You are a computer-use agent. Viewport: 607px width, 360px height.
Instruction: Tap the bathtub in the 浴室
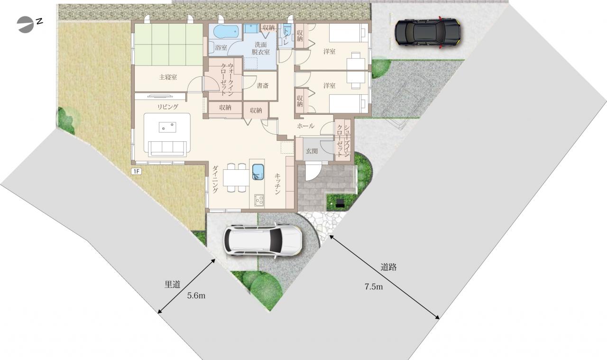coord(226,32)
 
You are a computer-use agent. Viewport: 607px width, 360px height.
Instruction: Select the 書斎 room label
coord(263,86)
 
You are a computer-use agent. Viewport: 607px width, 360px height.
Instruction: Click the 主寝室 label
coord(168,77)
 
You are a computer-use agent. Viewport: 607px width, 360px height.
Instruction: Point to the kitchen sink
coord(258,172)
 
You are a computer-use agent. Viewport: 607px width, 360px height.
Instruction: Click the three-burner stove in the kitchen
coord(259,200)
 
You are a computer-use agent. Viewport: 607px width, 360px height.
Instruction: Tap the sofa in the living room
coord(167,148)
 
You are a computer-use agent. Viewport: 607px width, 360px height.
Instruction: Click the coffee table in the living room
coord(167,127)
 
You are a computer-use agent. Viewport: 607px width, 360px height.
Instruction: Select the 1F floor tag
coord(136,171)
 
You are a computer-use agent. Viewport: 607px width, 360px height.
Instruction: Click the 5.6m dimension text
coord(196,295)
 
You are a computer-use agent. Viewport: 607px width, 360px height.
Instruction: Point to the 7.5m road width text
coord(374,286)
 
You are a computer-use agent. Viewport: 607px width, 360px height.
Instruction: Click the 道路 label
coord(388,268)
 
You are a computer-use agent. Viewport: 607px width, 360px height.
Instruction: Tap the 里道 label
coord(172,285)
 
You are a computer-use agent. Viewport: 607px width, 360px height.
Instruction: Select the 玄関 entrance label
coord(312,151)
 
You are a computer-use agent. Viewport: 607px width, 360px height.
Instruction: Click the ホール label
coord(306,126)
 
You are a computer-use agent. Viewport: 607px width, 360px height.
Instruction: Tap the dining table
coord(236,177)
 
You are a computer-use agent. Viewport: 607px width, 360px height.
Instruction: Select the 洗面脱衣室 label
coord(261,48)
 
